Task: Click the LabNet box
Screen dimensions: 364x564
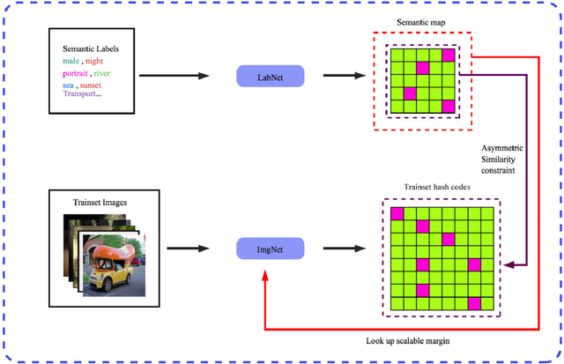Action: click(270, 76)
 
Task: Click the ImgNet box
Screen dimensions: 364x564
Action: click(270, 251)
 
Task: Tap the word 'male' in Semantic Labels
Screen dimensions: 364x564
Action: click(71, 61)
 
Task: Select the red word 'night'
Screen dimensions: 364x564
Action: click(100, 61)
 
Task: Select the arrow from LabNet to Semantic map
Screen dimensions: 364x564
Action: click(345, 76)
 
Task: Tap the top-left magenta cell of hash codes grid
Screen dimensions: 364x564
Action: click(397, 212)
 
